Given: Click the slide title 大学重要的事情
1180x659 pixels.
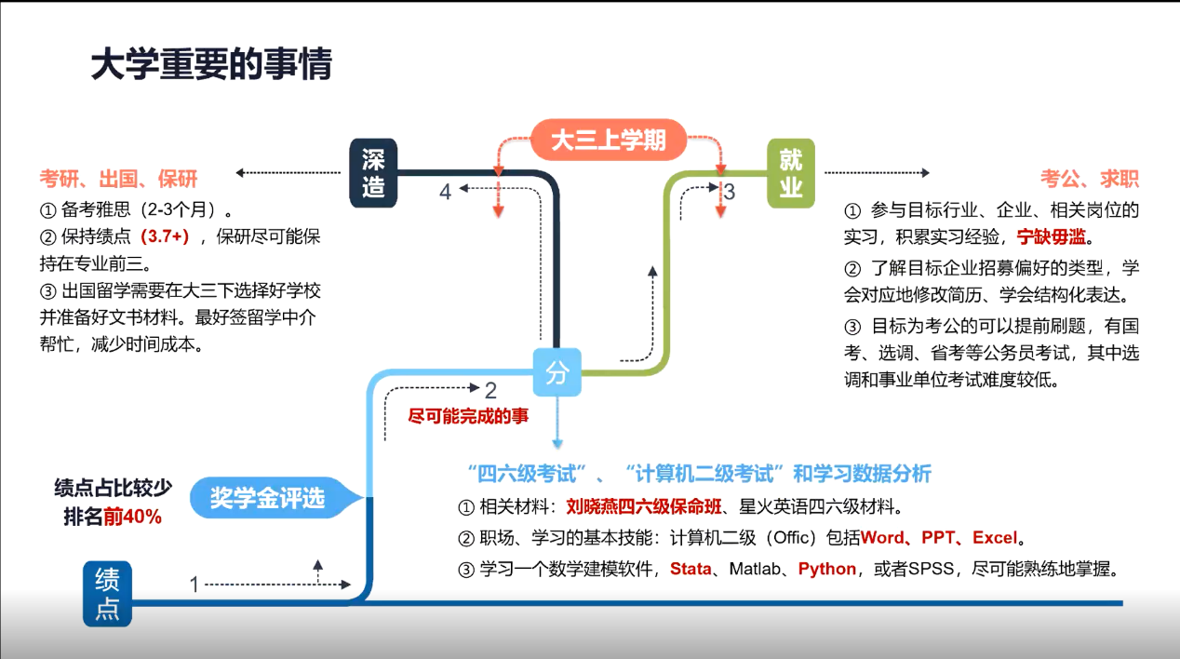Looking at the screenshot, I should [211, 65].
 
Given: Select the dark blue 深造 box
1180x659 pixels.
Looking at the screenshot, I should [373, 173].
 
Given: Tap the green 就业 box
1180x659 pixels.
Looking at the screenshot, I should [790, 173].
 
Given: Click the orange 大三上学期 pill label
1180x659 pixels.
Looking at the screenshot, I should [609, 141].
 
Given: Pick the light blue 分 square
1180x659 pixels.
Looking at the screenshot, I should [556, 373].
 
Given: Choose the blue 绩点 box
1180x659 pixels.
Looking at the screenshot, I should [107, 594].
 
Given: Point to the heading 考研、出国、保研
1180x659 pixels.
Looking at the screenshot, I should [118, 179].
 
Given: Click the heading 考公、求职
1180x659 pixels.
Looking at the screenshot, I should [1090, 179].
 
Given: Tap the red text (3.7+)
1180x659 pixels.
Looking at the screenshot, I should [165, 236].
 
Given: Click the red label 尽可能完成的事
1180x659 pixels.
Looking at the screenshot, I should [469, 416].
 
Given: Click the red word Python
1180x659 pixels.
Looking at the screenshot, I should [826, 569].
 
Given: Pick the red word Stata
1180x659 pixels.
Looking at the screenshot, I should [691, 569].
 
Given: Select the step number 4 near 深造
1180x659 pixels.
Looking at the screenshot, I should [446, 192].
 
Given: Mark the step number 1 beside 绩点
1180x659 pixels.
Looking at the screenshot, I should [194, 585].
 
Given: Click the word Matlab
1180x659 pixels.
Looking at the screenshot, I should [755, 569].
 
